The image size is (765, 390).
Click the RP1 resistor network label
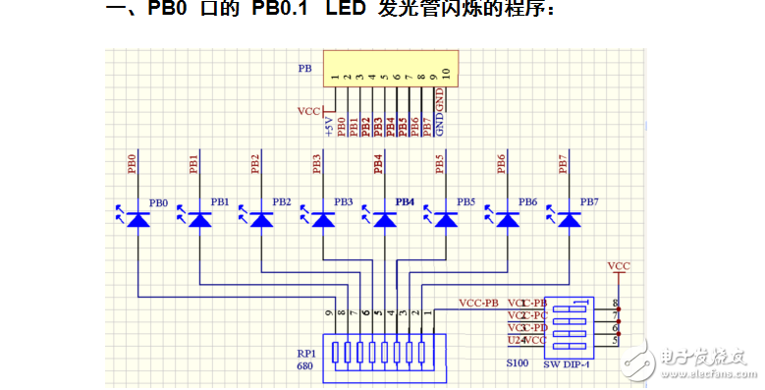(306, 352)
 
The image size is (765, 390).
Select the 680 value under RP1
(304, 365)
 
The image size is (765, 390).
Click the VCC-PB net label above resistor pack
(479, 302)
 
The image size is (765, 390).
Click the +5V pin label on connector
(329, 126)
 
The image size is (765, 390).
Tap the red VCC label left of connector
(308, 111)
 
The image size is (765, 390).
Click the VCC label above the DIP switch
(619, 266)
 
